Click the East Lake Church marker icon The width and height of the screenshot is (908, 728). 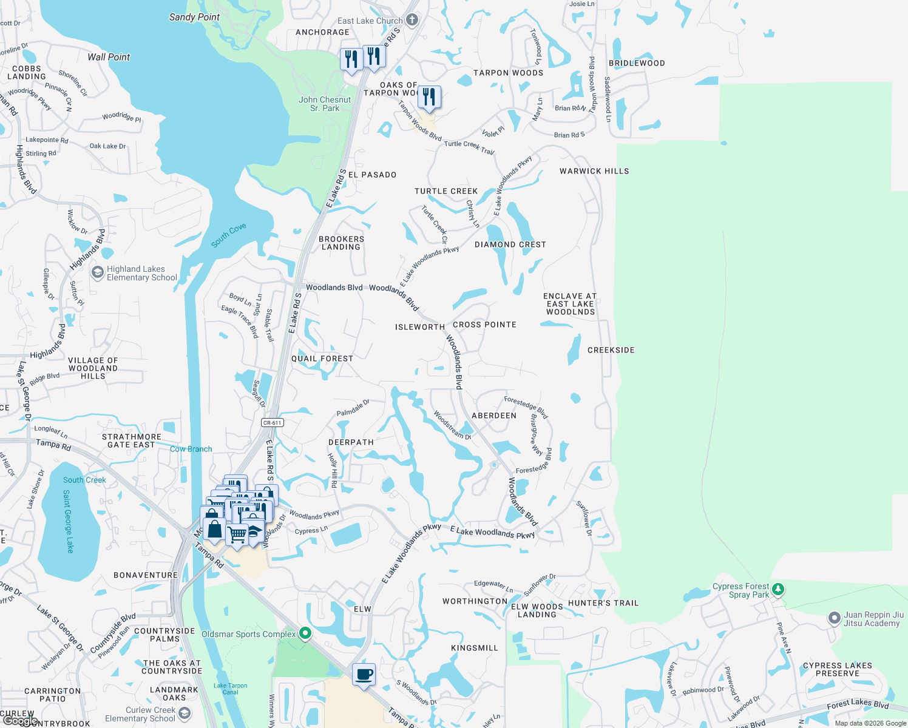(x=412, y=20)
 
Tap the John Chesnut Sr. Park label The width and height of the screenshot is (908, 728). (x=325, y=104)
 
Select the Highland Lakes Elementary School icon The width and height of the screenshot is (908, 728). (x=97, y=273)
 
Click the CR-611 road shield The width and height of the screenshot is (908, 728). (x=273, y=423)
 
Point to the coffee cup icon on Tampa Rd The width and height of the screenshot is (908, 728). (x=364, y=675)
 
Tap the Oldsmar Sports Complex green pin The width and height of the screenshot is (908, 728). (x=305, y=634)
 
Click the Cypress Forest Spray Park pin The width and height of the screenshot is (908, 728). (x=778, y=589)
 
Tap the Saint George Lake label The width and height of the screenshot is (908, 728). (x=68, y=522)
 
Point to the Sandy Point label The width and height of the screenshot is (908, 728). (x=194, y=17)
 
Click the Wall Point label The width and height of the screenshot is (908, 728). (x=109, y=57)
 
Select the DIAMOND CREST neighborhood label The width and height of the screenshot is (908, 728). (x=510, y=244)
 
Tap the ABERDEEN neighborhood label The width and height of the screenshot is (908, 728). (x=494, y=416)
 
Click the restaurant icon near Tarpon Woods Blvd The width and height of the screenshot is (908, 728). (x=429, y=97)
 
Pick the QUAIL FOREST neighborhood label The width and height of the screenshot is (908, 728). (x=322, y=359)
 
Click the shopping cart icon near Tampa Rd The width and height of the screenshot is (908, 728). (x=237, y=534)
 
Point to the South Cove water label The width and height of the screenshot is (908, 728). (x=229, y=235)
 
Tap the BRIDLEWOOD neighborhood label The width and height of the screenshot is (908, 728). (x=637, y=63)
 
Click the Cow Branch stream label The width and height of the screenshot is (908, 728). (x=191, y=449)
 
